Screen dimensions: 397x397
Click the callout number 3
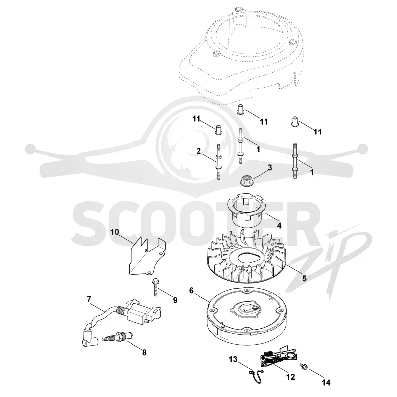[x=270, y=167]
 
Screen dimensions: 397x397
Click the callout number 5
[x=304, y=278]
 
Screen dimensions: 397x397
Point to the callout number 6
[x=191, y=291]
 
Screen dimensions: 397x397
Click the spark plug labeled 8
[x=117, y=337]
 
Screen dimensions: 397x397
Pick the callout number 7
[x=89, y=299]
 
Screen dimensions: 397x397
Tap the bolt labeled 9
[x=155, y=287]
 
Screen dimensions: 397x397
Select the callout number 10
[x=115, y=232]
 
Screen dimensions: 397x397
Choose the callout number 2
[x=199, y=151]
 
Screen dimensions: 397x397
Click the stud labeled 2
[x=218, y=162]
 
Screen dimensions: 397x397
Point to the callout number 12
[x=291, y=377]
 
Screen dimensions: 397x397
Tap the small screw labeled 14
[x=303, y=366]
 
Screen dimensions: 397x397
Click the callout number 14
[x=326, y=382]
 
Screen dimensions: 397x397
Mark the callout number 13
[x=233, y=359]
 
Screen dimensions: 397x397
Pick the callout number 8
[x=144, y=352]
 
